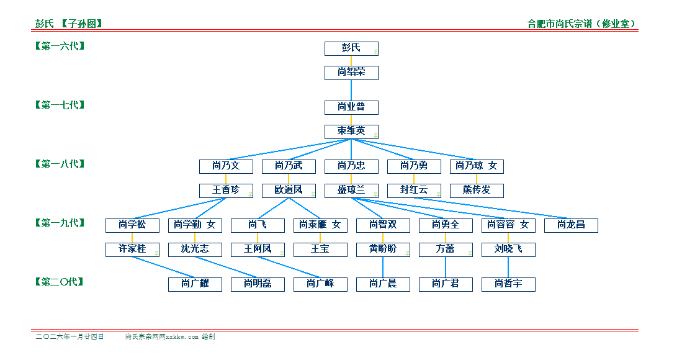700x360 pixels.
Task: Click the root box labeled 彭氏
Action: point(351,48)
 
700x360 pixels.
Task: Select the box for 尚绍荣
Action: point(351,73)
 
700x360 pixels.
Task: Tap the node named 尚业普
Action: point(351,107)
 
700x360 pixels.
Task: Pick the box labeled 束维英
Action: point(351,132)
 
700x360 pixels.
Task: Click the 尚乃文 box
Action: point(225,166)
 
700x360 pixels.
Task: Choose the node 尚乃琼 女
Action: point(476,166)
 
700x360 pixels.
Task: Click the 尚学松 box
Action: point(132,225)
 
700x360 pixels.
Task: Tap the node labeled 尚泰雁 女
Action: point(320,225)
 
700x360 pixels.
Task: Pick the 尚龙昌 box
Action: point(570,225)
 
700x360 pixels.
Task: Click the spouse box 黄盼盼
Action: point(382,250)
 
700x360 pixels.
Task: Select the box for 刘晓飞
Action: point(508,250)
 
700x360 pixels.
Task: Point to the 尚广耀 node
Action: point(194,284)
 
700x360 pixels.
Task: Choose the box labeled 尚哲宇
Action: point(508,284)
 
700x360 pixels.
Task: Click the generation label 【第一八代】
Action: point(60,164)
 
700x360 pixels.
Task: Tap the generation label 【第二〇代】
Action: point(60,282)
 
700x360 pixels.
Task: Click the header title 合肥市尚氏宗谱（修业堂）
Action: point(582,24)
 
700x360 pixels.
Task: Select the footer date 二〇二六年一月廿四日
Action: point(70,337)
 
